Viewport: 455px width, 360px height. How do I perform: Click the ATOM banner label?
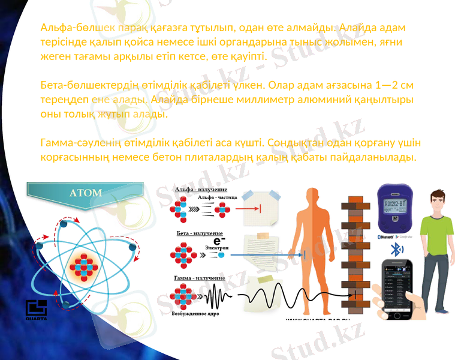coord(86,193)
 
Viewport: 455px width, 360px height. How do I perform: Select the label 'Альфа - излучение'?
coord(197,190)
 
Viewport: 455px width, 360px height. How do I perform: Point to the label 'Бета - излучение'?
coord(199,232)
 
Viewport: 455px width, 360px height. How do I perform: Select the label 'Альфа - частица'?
coord(217,197)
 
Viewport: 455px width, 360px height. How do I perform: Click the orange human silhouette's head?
coord(312,196)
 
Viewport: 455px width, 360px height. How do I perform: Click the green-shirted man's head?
coord(436,200)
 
